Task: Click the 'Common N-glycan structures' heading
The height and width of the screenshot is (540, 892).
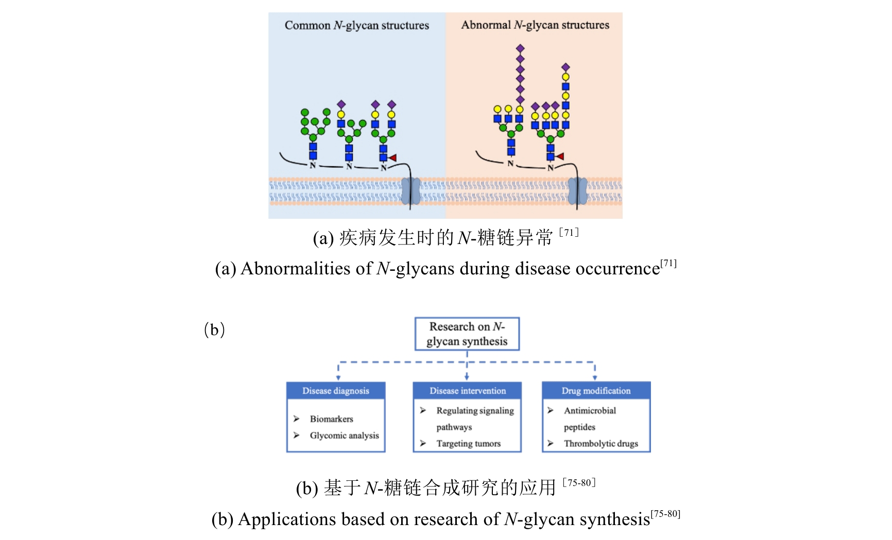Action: [356, 25]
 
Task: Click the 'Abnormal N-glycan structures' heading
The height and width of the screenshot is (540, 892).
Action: [535, 25]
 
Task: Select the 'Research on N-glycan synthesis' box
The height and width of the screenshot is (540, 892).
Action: [467, 334]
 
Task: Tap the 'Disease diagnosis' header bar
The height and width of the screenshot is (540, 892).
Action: [336, 391]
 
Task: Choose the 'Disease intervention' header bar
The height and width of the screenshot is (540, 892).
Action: [467, 391]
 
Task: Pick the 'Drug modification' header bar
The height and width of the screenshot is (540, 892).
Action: [596, 391]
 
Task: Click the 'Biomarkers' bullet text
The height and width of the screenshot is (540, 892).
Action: [331, 419]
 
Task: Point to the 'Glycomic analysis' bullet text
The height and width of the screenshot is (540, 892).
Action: [344, 436]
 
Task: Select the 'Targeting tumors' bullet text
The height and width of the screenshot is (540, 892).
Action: [468, 443]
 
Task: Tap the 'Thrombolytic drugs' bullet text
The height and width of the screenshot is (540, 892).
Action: [601, 443]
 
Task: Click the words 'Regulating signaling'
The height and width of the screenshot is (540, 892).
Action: [475, 410]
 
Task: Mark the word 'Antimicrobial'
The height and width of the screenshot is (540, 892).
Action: [590, 410]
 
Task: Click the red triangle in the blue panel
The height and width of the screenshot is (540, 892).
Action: [392, 158]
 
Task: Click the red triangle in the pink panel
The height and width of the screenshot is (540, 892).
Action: [560, 156]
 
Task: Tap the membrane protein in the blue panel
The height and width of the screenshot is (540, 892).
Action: [410, 191]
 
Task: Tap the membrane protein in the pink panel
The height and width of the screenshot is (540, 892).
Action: [577, 191]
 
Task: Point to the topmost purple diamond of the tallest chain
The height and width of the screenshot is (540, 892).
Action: [520, 48]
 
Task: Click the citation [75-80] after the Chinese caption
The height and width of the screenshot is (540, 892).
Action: [579, 483]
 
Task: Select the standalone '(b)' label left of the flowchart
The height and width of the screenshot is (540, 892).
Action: [214, 329]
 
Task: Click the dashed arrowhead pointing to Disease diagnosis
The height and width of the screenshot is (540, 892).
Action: [338, 378]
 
